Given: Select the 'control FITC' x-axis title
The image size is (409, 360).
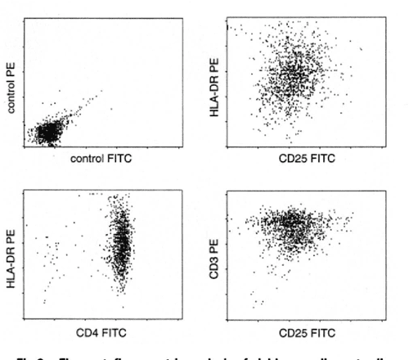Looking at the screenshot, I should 98,160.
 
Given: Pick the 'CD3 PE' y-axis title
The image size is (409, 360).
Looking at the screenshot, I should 215,259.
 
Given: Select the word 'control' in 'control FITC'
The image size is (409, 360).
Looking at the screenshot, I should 85,160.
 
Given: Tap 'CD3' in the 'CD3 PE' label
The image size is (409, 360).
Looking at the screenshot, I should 215,266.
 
